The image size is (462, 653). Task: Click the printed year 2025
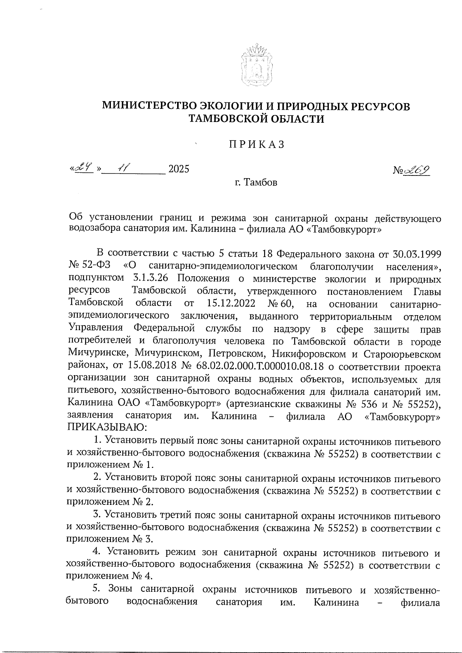coord(179,169)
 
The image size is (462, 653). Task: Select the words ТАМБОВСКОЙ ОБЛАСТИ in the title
coord(255,119)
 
